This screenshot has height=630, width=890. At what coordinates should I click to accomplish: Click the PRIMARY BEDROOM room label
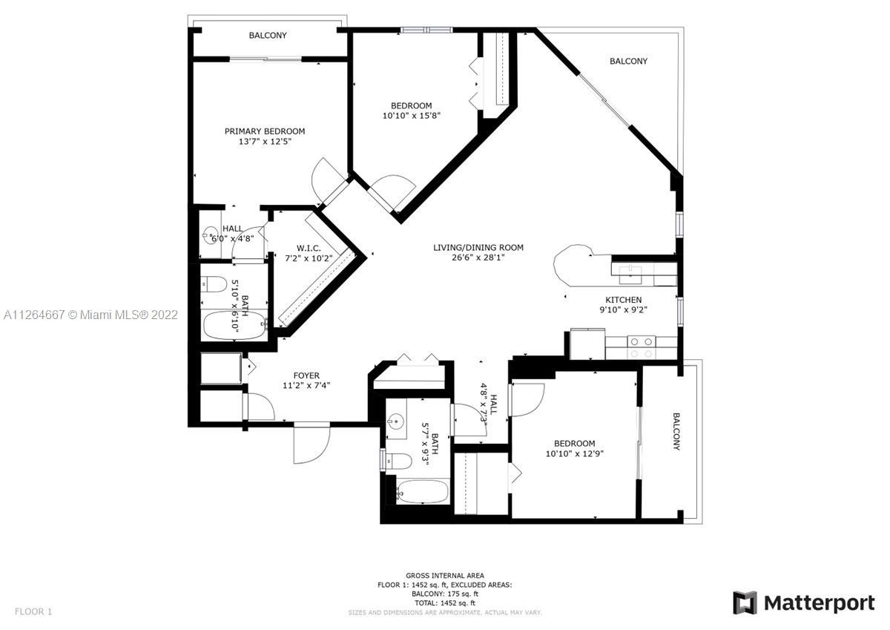(265, 131)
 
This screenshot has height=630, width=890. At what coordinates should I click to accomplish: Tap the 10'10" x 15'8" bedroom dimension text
(406, 116)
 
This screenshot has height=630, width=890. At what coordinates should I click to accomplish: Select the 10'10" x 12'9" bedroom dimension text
(575, 453)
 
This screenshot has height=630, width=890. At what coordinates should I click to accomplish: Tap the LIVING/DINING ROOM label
(478, 248)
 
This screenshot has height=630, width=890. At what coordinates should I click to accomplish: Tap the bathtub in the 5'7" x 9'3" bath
(422, 492)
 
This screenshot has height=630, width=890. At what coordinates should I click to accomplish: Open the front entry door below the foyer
(311, 444)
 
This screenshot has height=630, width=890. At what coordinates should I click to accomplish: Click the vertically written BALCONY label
(676, 431)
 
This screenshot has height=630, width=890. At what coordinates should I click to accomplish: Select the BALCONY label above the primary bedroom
(268, 36)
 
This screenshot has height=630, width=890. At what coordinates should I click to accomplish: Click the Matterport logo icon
(744, 603)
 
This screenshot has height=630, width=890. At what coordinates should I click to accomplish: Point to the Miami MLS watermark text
(90, 315)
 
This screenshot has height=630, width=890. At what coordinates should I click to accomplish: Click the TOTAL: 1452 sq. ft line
(444, 603)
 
